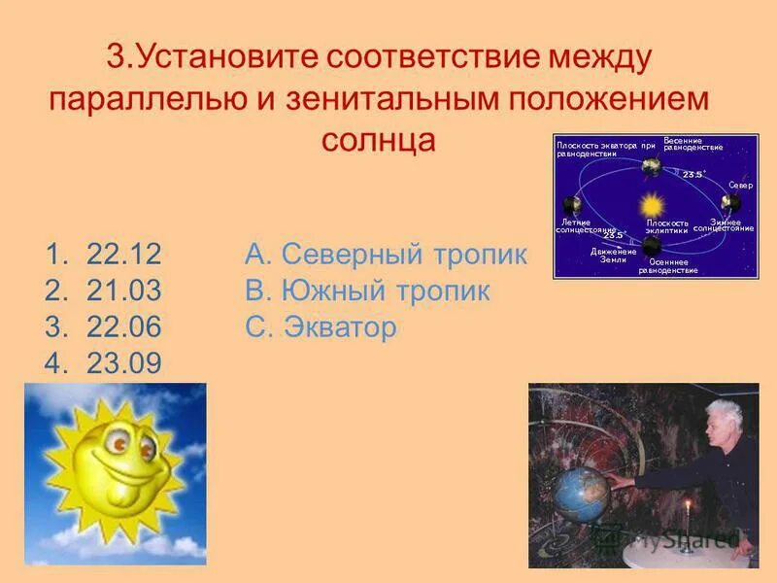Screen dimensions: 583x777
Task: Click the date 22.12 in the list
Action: point(123,256)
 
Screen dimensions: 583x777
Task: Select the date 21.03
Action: point(123,291)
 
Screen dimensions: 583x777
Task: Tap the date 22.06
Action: point(123,327)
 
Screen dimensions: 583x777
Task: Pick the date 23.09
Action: point(123,363)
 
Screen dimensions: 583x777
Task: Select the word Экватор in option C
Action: point(341,327)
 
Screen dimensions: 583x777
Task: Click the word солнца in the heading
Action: point(379,139)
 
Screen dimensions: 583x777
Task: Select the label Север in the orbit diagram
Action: point(740,183)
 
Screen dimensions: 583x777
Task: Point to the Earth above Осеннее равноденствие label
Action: point(651,248)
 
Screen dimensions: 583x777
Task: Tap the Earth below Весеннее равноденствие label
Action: point(649,166)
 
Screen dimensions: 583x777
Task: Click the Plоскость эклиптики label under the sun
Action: point(667,226)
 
